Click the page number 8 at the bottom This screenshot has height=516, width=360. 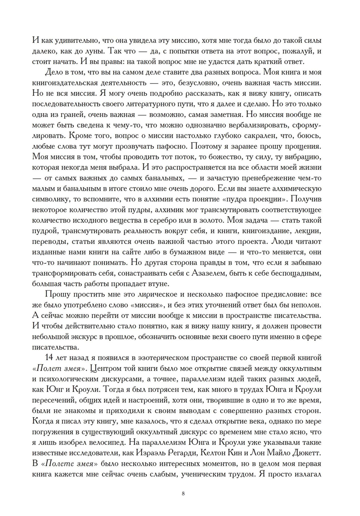183,493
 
